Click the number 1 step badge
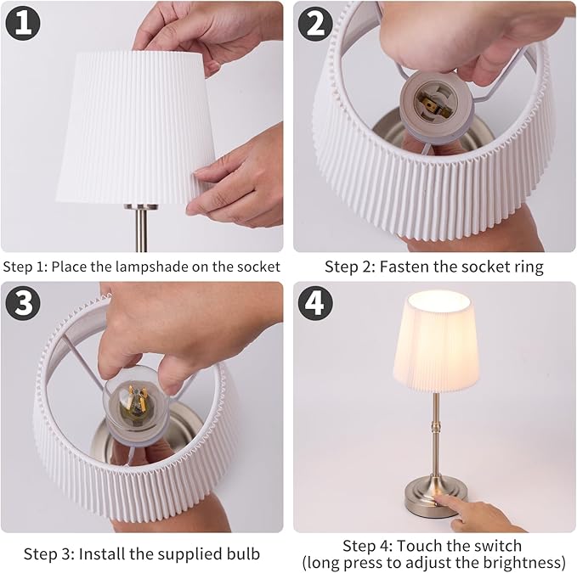pos(23,22)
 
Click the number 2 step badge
pos(315,22)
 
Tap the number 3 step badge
pos(23,302)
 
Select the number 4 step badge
pos(315,303)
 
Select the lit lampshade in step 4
pos(435,340)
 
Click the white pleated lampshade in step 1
pos(136,127)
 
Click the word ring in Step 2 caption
pos(528,267)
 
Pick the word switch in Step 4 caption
pos(500,545)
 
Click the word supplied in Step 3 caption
pos(195,554)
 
